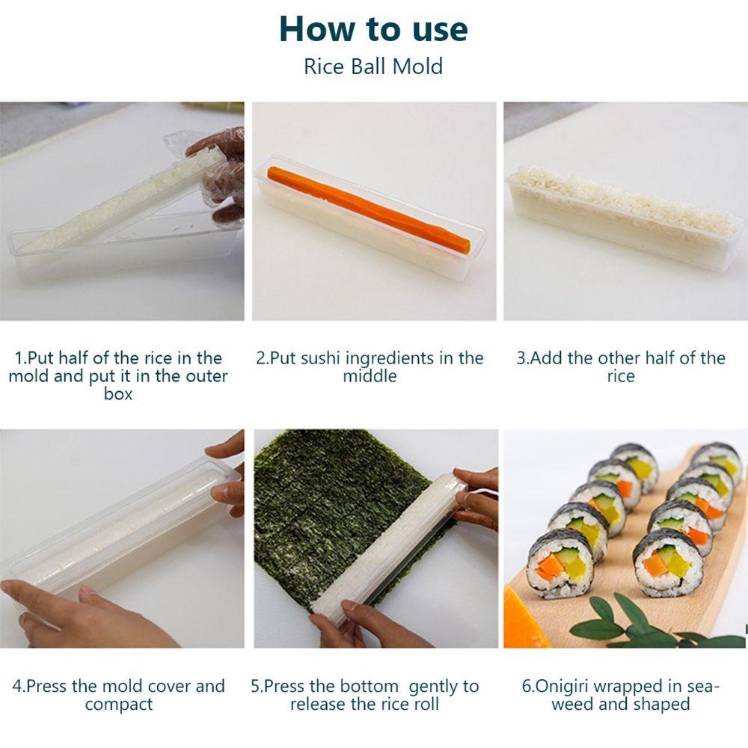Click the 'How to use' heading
tap(373, 29)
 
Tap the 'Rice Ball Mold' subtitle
tap(373, 67)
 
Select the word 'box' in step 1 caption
tap(118, 394)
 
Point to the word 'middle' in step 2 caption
tap(370, 376)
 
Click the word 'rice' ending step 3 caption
tap(621, 376)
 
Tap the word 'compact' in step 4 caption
tap(119, 705)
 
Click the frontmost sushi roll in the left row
tap(561, 563)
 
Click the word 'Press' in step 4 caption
tap(46, 687)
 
